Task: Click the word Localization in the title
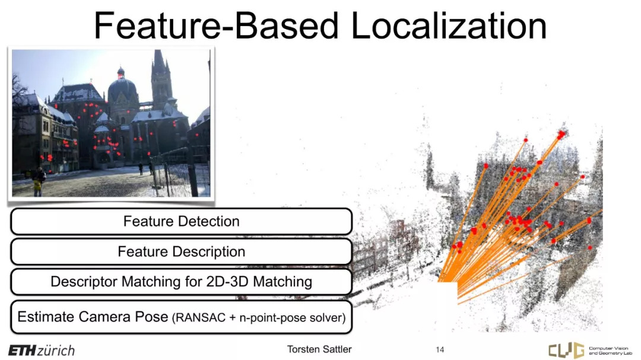coord(449,26)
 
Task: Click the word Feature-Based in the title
coord(216,26)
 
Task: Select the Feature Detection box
coord(181,221)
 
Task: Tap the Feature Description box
coord(181,251)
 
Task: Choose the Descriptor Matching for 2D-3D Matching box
coord(181,282)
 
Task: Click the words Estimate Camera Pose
coord(93,317)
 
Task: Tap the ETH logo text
coord(22,351)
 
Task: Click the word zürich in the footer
coord(56,351)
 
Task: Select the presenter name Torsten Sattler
coord(319,349)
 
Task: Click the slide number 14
coord(440,349)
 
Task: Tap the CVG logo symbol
coord(566,350)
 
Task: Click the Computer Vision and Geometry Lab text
coord(610,351)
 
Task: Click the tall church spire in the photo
coord(160,78)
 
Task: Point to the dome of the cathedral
coord(122,88)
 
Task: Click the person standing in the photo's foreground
coord(39,181)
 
